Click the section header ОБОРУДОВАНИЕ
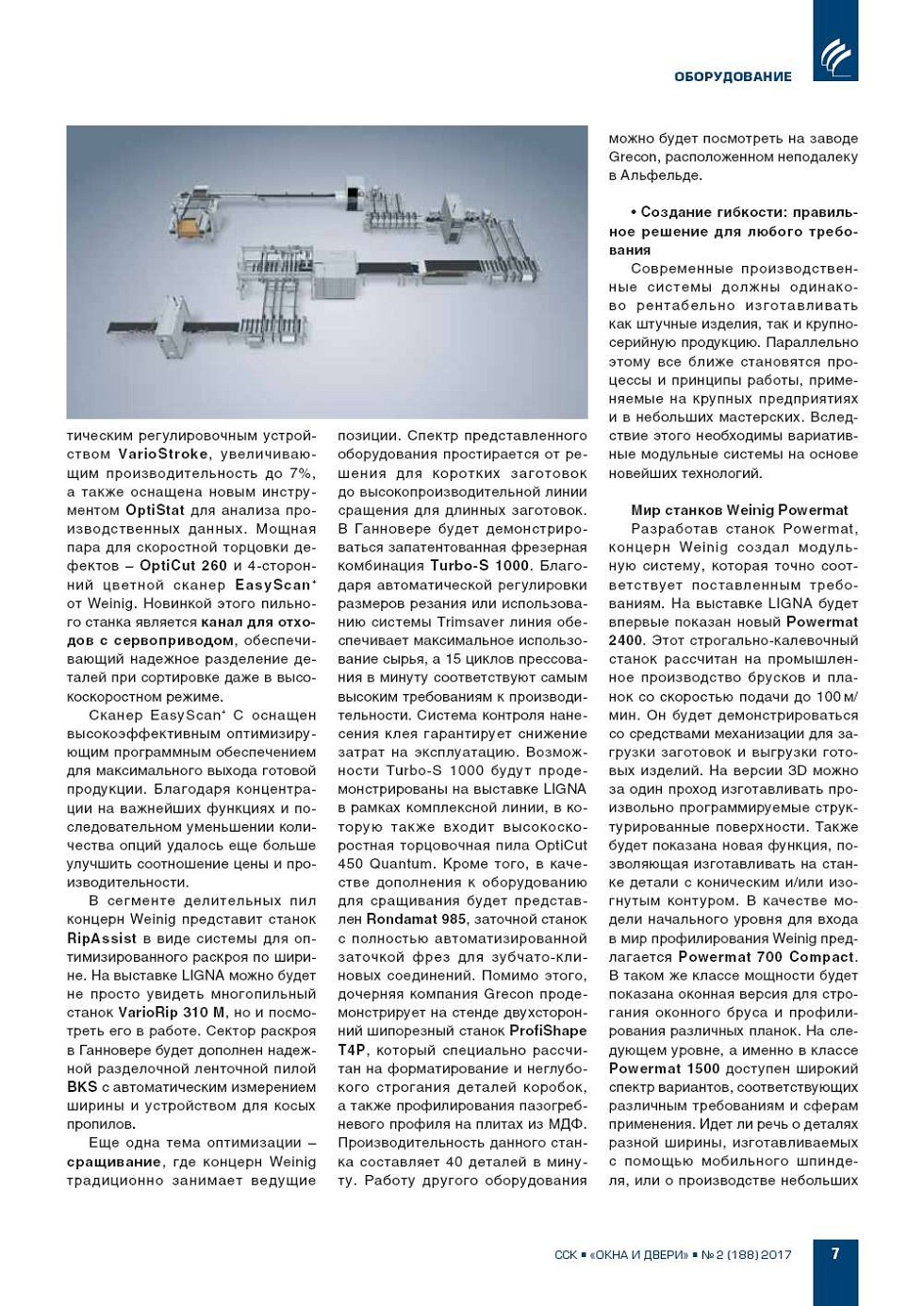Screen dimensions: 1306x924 click(733, 76)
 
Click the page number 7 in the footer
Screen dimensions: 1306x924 click(835, 1253)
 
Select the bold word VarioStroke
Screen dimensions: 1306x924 click(162, 455)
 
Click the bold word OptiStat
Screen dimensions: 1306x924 click(155, 510)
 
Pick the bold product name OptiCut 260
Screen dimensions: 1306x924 click(183, 566)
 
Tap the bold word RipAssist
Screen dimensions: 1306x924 click(102, 938)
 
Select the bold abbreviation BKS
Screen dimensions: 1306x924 click(82, 1087)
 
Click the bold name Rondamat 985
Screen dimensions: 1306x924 click(416, 919)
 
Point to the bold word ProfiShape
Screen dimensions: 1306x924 click(548, 1031)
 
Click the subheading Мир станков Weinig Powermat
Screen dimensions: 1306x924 click(739, 510)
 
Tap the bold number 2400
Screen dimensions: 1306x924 click(626, 640)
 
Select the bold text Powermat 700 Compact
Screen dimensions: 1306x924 click(767, 957)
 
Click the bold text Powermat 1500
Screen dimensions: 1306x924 click(664, 1068)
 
